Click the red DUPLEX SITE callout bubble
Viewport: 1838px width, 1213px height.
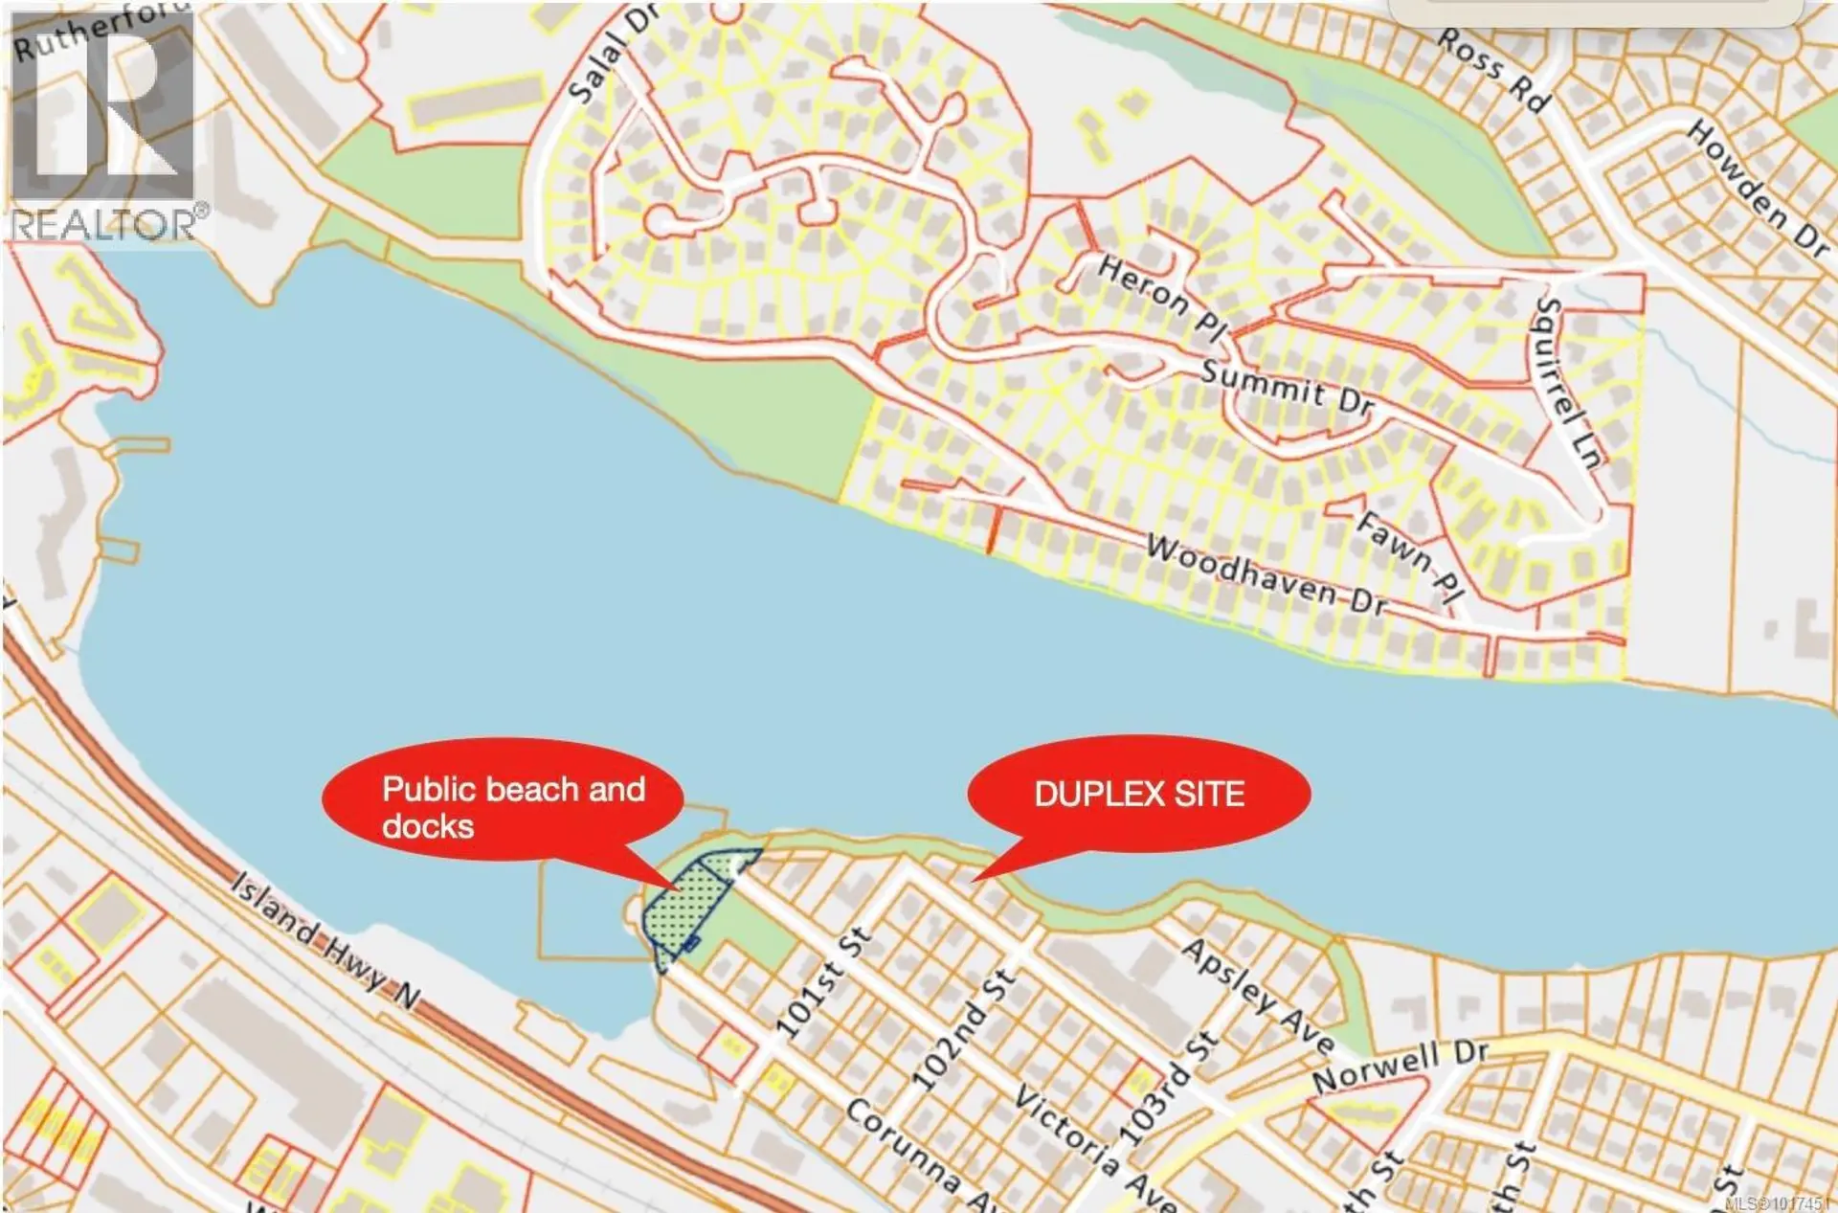(x=1138, y=794)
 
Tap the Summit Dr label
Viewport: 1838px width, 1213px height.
(x=1287, y=386)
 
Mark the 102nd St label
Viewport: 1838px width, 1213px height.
(x=961, y=1029)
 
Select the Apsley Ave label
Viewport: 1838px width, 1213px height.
(x=1257, y=996)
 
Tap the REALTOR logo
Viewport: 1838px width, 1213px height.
(x=104, y=124)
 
